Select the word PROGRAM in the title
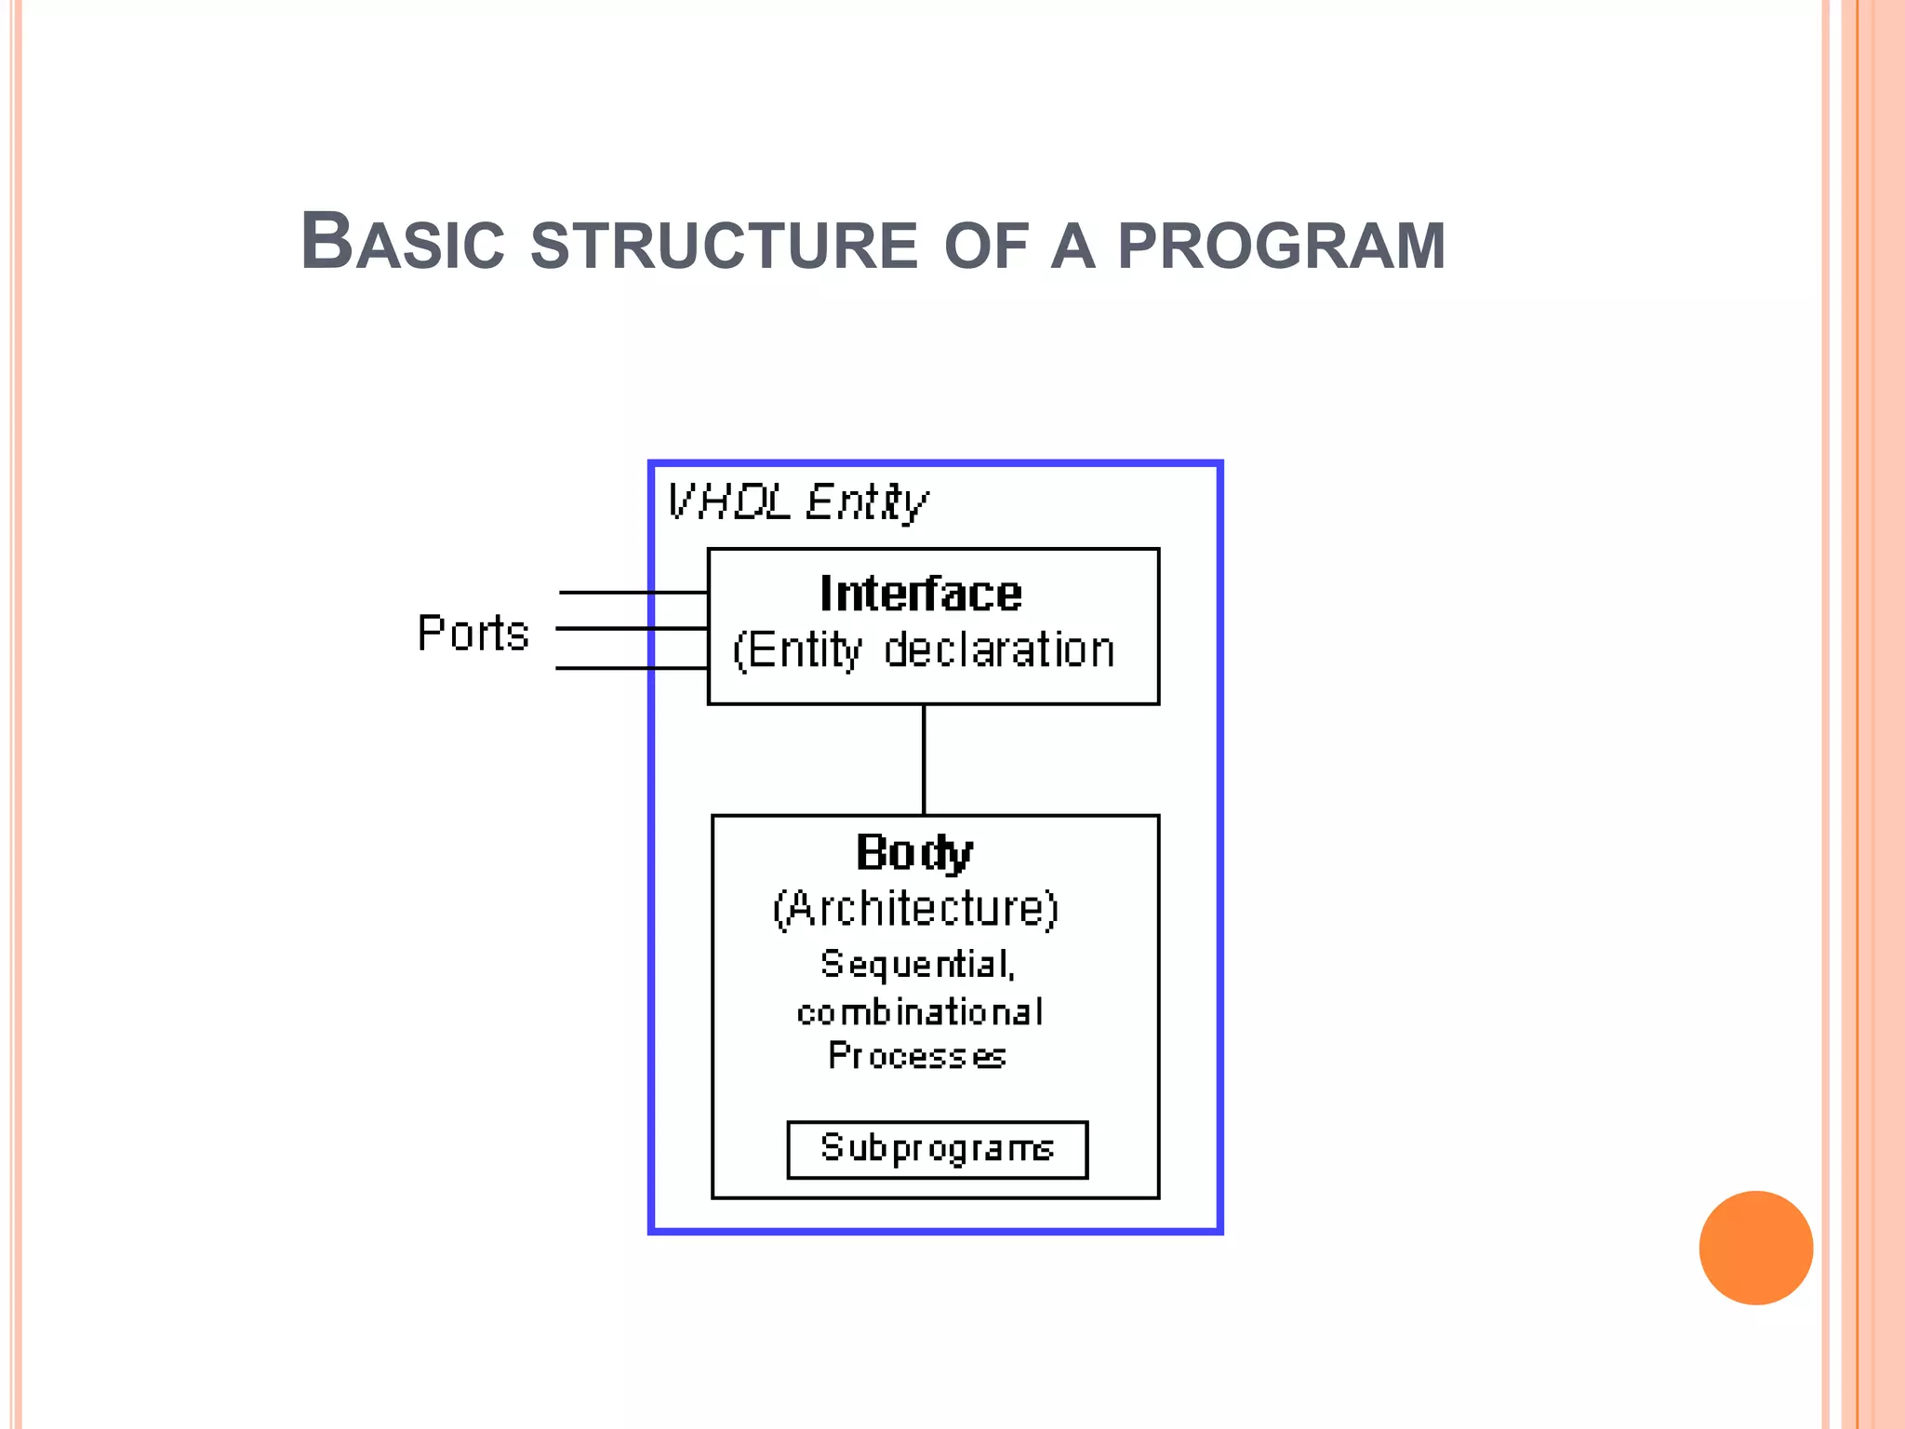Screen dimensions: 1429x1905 pyautogui.click(x=1281, y=246)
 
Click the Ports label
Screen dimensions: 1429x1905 pyautogui.click(x=473, y=634)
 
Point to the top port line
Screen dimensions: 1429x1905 pyautogui.click(x=633, y=592)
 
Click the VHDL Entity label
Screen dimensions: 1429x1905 pyautogui.click(x=797, y=502)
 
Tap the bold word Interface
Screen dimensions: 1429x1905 pyautogui.click(x=920, y=594)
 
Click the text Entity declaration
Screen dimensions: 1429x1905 pyautogui.click(x=925, y=649)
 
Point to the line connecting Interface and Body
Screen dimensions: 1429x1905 pyautogui.click(x=924, y=759)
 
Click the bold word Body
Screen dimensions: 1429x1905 pyautogui.click(x=913, y=853)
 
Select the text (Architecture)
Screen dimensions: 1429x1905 pyautogui.click(x=915, y=908)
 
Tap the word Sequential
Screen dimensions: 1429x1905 pyautogui.click(x=917, y=965)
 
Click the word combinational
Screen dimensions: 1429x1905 pyautogui.click(x=920, y=1012)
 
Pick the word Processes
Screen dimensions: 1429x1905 pyautogui.click(x=917, y=1056)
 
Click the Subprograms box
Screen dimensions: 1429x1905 pyautogui.click(x=937, y=1150)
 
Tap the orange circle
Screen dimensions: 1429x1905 pyautogui.click(x=1755, y=1248)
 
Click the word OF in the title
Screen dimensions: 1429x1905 pyautogui.click(x=986, y=246)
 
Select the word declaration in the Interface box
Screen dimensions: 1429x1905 pyautogui.click(x=998, y=649)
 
